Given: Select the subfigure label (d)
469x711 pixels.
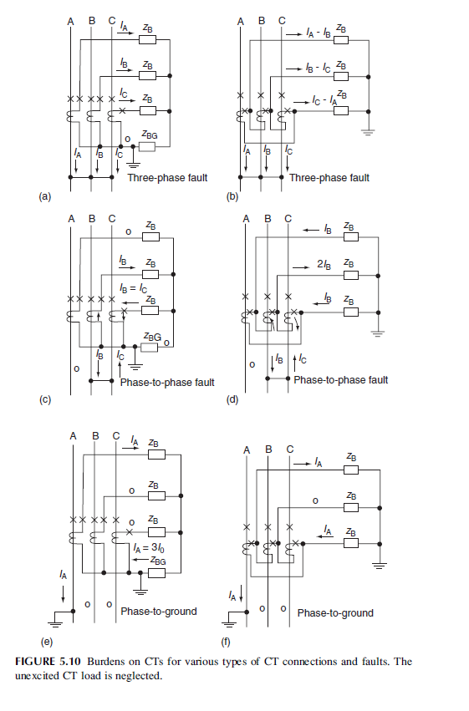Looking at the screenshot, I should click(232, 399).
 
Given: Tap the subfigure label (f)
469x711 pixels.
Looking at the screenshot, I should click(225, 642).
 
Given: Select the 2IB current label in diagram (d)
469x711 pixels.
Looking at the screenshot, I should click(324, 265).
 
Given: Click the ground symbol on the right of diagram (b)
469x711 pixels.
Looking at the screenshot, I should click(367, 131).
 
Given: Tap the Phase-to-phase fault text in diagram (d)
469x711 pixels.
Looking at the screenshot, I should click(341, 379).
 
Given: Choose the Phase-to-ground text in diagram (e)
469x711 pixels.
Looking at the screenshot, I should click(159, 611).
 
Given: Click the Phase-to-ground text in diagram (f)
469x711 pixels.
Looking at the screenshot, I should click(335, 612).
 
